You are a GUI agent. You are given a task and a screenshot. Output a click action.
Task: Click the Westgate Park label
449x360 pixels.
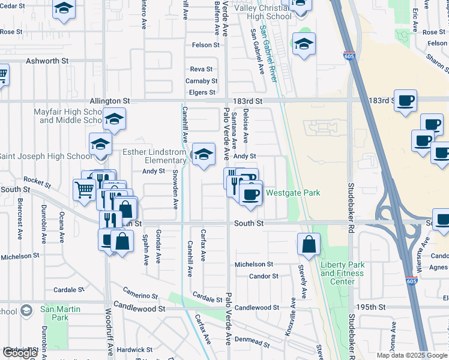pyautogui.click(x=293, y=193)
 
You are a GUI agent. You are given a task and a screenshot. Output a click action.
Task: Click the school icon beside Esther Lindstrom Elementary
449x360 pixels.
pyautogui.click(x=203, y=154)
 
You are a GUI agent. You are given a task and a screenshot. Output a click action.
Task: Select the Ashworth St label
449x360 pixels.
pyautogui.click(x=47, y=61)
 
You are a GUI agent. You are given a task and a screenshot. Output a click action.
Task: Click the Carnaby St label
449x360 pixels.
pyautogui.click(x=201, y=81)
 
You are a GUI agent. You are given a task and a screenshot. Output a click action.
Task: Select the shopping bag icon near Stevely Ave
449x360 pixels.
pyautogui.click(x=309, y=245)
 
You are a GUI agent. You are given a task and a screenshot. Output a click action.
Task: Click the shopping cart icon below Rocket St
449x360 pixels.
pyautogui.click(x=85, y=190)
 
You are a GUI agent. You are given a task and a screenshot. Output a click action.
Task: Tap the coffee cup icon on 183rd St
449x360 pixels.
pyautogui.click(x=406, y=100)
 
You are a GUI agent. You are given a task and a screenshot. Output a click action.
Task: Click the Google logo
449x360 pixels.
pyautogui.click(x=20, y=353)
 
